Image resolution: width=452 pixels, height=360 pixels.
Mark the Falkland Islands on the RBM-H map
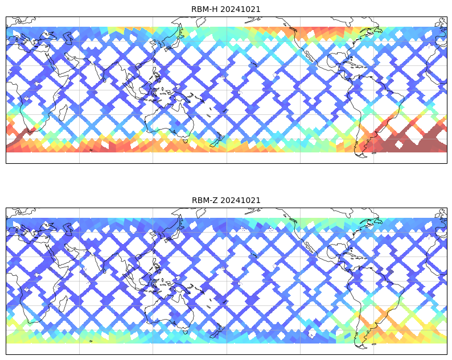pyautogui.click(x=374, y=152)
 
